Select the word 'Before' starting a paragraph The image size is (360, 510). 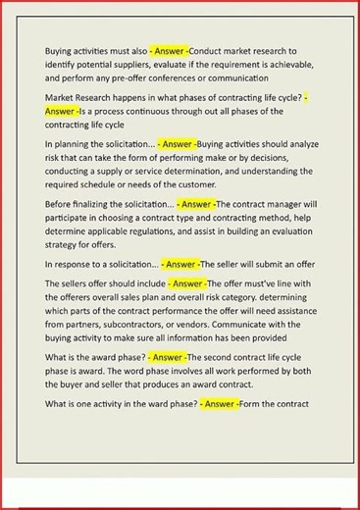pyautogui.click(x=59, y=204)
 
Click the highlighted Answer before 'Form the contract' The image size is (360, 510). pyautogui.click(x=220, y=403)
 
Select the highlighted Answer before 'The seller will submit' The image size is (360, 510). pyautogui.click(x=180, y=265)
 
